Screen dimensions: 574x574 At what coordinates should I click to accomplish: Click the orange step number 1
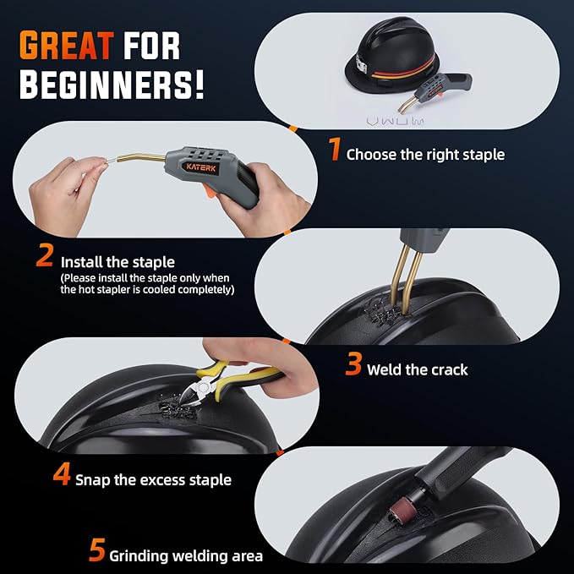click(335, 153)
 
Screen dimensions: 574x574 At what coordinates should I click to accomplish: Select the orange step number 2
click(45, 256)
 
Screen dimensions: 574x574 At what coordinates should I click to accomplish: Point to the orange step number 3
click(354, 365)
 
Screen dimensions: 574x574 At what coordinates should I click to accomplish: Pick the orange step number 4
click(62, 475)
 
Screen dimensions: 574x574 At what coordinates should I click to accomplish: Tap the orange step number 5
click(98, 552)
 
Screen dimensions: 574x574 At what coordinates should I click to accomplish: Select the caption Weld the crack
click(417, 369)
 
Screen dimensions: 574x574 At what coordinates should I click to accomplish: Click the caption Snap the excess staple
click(153, 479)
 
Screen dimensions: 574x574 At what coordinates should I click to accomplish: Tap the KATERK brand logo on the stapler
click(200, 167)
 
